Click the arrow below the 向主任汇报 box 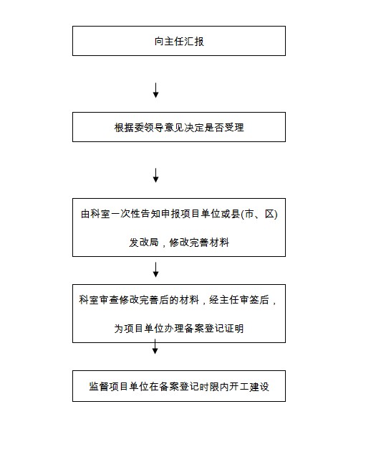(x=155, y=90)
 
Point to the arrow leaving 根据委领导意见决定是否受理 (x=155, y=175)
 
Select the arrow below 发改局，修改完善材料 (x=155, y=270)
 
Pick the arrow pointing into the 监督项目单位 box (x=155, y=347)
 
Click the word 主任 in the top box (x=169, y=41)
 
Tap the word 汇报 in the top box (x=194, y=41)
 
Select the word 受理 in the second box (x=234, y=128)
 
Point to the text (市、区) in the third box (x=259, y=214)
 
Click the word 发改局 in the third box (x=143, y=243)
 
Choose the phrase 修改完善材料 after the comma (x=199, y=243)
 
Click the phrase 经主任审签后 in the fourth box (x=239, y=300)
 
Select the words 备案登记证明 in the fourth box (x=213, y=329)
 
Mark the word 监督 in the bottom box (x=99, y=386)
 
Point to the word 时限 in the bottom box (x=209, y=386)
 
